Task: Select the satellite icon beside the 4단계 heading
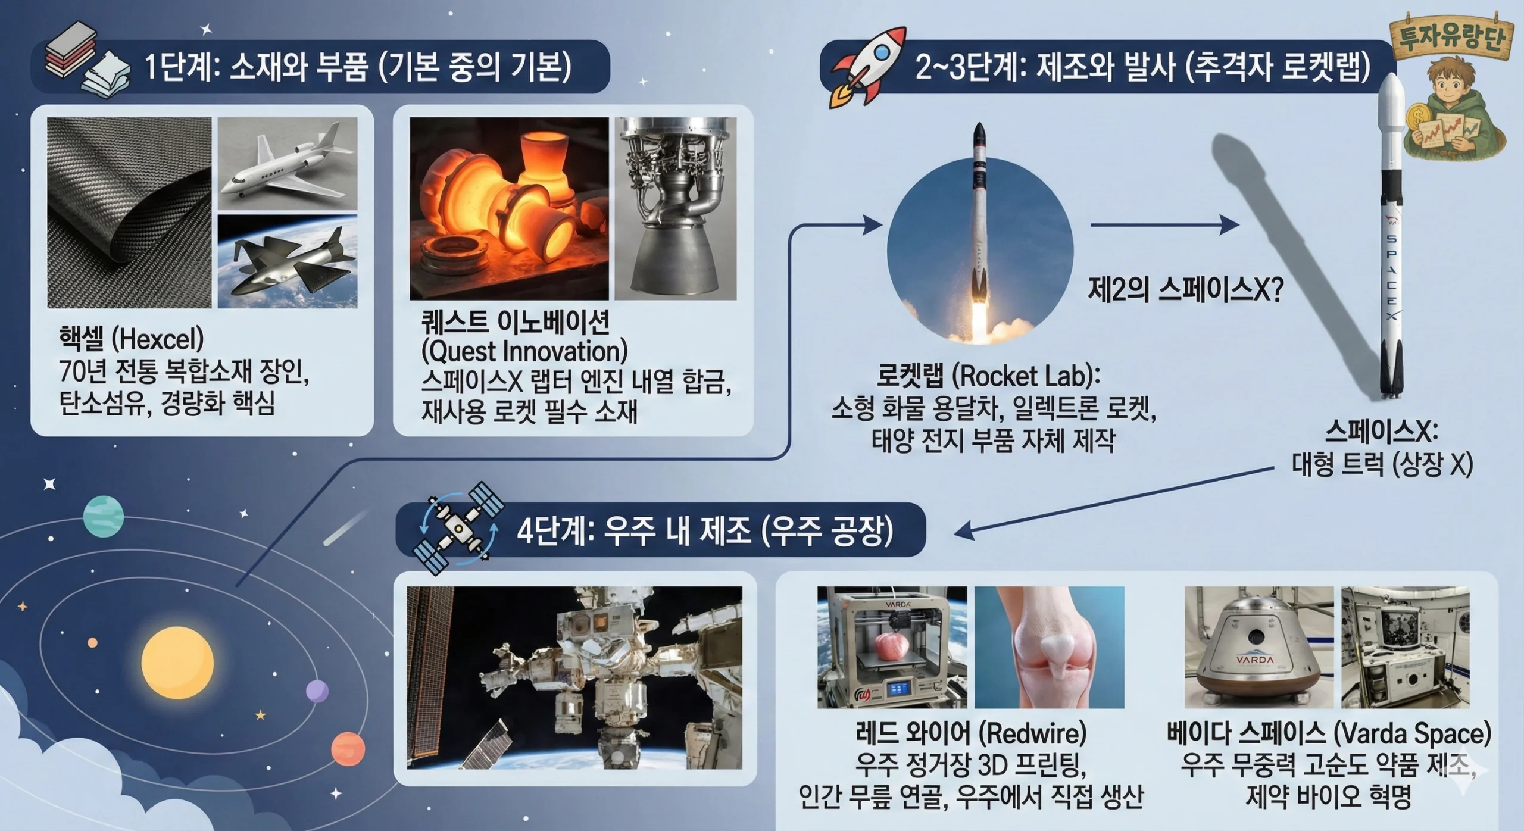coord(458,527)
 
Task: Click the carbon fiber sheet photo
coord(129,213)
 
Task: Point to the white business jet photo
coord(288,163)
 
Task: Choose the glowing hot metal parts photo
coord(509,208)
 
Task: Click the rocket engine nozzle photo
coord(675,208)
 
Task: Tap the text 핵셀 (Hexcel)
coord(131,339)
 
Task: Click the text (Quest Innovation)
coord(524,351)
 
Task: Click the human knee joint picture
coord(1050,647)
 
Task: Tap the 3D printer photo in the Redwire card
coord(892,647)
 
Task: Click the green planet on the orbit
coord(104,518)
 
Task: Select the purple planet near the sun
coord(317,692)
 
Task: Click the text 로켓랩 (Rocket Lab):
coord(989,376)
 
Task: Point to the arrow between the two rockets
coord(1165,225)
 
